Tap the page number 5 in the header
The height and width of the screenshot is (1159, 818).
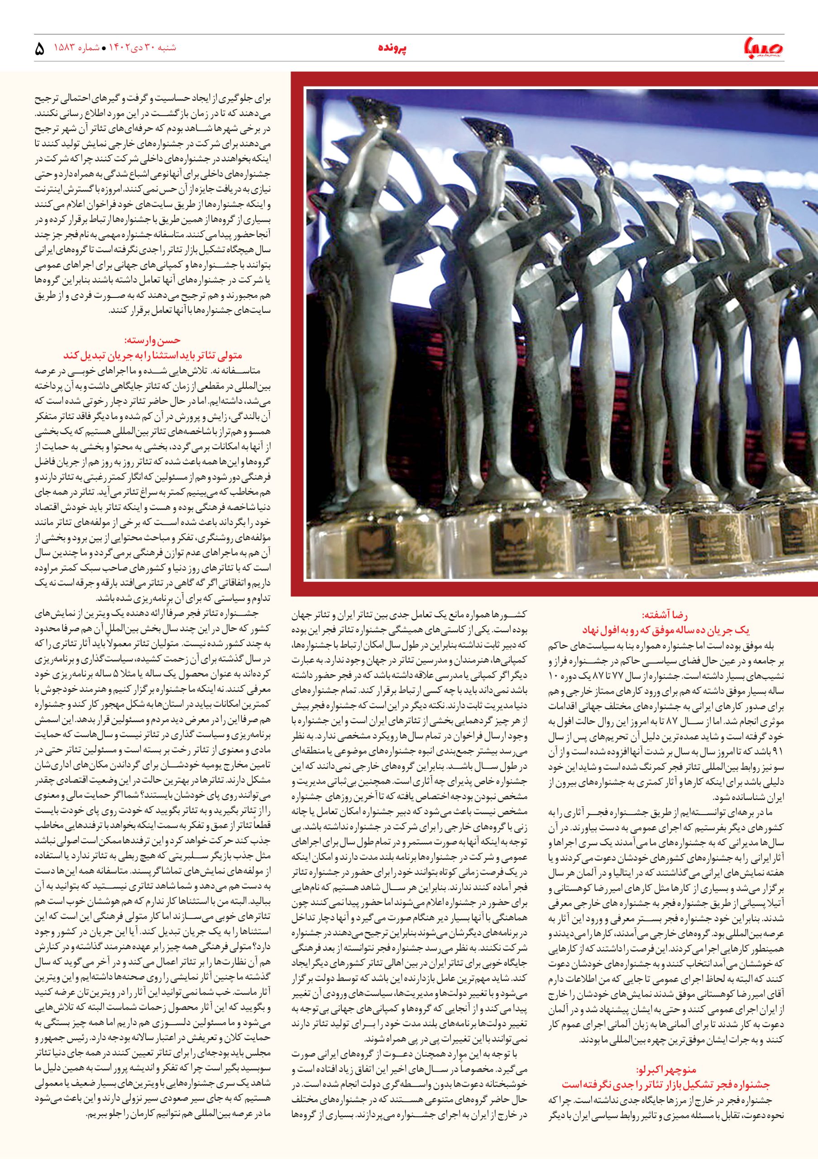coord(39,49)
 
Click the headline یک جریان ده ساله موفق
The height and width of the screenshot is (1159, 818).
coord(666,630)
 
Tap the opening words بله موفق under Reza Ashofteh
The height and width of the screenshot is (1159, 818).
coord(757,645)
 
